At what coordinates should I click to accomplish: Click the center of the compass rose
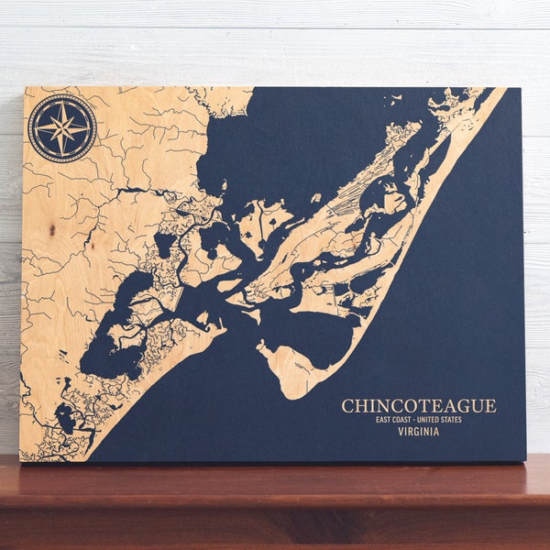pos(61,127)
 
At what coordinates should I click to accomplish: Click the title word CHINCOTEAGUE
pos(418,405)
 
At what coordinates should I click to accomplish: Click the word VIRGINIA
pos(418,432)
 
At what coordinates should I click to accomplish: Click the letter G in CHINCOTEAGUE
pos(465,405)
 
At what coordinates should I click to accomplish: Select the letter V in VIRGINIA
pos(401,432)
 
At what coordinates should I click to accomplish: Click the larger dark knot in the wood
pos(52,228)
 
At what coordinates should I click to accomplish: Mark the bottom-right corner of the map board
pos(525,460)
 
